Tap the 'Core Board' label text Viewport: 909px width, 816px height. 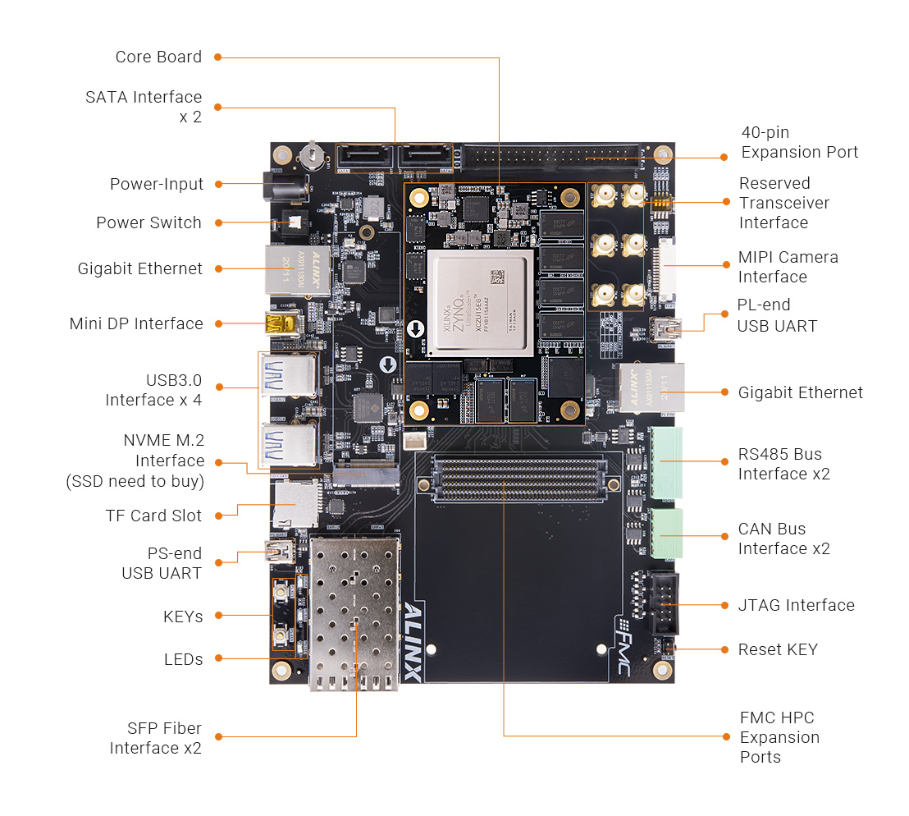pyautogui.click(x=158, y=57)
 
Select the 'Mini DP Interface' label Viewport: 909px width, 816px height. pyautogui.click(x=136, y=323)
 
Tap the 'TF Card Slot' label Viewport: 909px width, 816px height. pyautogui.click(x=153, y=516)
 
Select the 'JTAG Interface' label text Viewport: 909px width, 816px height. pyautogui.click(x=797, y=605)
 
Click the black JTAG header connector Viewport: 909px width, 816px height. pyautogui.click(x=665, y=603)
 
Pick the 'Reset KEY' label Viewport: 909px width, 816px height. pyautogui.click(x=778, y=649)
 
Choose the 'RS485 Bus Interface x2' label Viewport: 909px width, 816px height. pyautogui.click(x=779, y=464)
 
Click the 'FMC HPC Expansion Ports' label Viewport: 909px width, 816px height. pyautogui.click(x=779, y=737)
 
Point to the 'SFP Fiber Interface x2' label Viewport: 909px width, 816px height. pyautogui.click(x=155, y=738)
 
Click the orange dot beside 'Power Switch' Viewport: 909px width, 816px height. pyautogui.click(x=218, y=222)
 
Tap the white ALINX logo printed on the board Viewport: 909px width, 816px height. pyautogui.click(x=413, y=640)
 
